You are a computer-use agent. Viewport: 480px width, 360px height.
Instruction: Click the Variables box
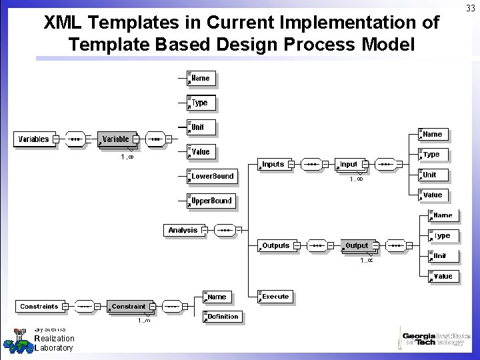tap(33, 139)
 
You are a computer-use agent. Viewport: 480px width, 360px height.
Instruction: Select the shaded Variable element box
tap(117, 139)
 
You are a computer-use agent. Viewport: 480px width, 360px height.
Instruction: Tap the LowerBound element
tap(211, 176)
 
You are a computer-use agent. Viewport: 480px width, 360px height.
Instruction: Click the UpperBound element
tap(211, 201)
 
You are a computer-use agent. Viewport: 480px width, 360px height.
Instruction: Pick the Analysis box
tap(183, 230)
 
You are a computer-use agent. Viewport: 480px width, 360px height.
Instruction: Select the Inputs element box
tap(273, 164)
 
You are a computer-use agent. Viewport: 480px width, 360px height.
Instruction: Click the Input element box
tap(349, 164)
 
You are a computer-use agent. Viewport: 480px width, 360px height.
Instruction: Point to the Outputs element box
tap(275, 245)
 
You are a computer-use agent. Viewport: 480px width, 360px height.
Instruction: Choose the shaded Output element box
tap(357, 245)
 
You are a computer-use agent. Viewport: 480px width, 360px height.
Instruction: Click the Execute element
tap(275, 296)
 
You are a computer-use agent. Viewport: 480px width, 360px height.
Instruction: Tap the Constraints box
tap(39, 306)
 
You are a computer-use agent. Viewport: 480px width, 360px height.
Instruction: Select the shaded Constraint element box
tap(128, 306)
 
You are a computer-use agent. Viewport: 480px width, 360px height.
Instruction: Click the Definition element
tap(222, 317)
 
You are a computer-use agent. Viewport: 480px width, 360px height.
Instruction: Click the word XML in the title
tap(64, 23)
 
